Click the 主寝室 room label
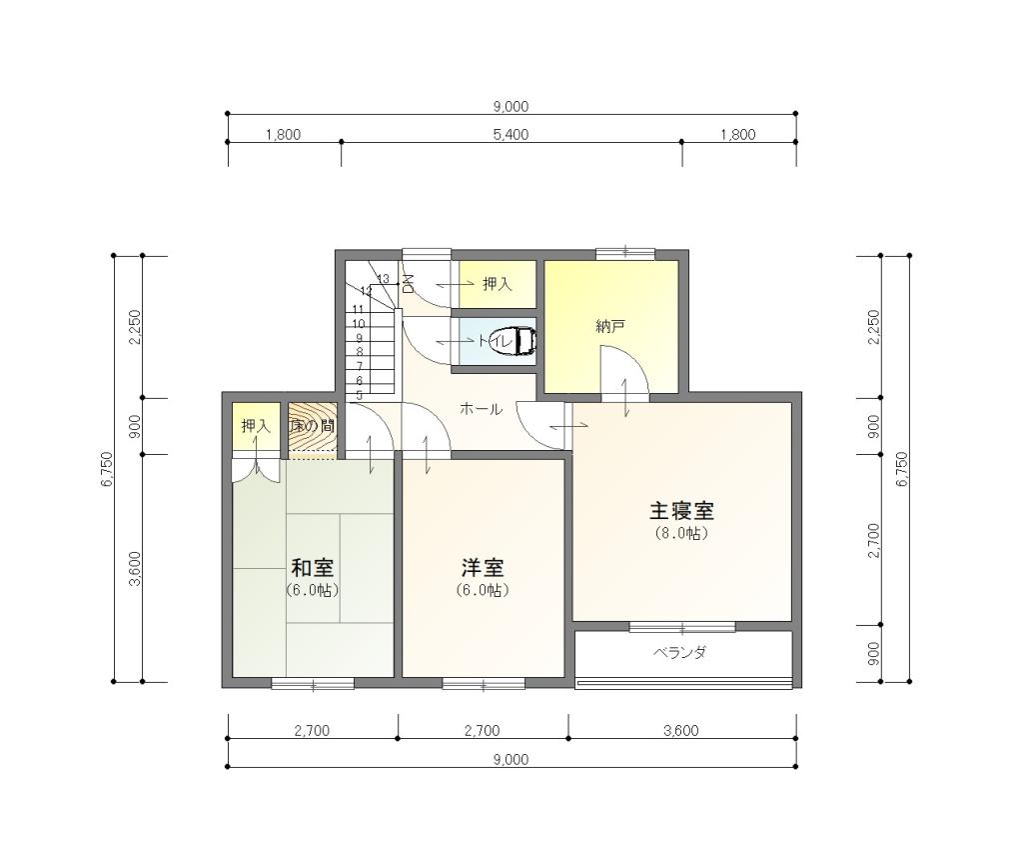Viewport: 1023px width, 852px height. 681,510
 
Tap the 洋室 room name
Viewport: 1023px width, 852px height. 483,567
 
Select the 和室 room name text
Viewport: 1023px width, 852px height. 312,567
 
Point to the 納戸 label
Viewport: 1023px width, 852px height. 610,326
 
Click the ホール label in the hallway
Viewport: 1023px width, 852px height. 481,409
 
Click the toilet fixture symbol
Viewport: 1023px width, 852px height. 523,342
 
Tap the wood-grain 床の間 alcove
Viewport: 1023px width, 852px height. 312,427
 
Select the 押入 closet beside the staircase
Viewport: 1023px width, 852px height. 497,285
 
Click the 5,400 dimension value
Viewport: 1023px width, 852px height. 511,135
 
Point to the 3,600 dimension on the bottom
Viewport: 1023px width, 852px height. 681,731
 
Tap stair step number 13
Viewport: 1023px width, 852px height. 383,279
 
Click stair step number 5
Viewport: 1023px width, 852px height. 359,395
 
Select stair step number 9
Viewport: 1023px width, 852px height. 359,338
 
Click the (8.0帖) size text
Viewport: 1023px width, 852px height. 681,534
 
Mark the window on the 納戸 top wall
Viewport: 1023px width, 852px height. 624,253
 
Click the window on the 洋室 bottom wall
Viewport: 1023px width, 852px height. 483,685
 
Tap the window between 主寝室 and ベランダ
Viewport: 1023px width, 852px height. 681,627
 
